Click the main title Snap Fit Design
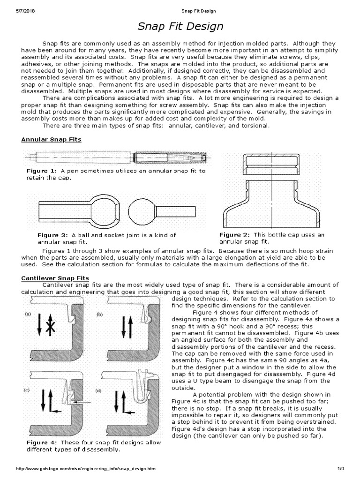click(180, 26)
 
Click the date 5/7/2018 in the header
click(13, 10)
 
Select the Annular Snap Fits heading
click(51, 139)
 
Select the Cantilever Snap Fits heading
click(55, 278)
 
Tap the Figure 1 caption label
click(41, 171)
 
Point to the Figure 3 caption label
click(53, 235)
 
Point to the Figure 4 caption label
click(41, 442)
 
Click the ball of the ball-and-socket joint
click(141, 207)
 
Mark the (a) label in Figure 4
click(28, 315)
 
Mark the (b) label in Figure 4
click(99, 315)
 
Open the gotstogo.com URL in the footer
click(85, 469)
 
